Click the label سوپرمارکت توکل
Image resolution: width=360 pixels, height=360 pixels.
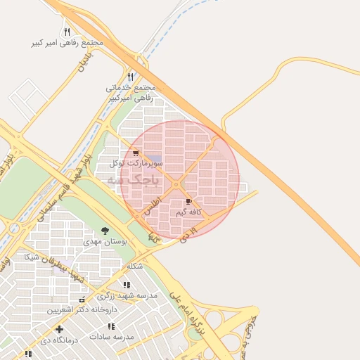(x=136, y=162)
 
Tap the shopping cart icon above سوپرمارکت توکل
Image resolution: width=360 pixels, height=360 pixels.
(x=136, y=153)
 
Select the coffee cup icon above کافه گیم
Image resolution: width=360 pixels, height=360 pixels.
(x=189, y=202)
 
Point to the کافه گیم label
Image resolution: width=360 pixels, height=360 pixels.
(x=189, y=212)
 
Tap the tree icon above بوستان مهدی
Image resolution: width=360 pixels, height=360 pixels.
(x=105, y=231)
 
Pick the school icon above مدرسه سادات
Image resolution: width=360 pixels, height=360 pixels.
(x=111, y=326)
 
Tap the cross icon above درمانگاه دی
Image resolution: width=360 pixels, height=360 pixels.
(x=59, y=329)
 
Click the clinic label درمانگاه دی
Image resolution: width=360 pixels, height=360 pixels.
(x=59, y=340)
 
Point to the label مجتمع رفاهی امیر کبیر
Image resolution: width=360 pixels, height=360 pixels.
(x=67, y=42)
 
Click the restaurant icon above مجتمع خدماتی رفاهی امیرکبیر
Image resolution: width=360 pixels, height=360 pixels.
(x=130, y=77)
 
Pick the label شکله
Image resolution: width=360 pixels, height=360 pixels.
(x=135, y=266)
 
